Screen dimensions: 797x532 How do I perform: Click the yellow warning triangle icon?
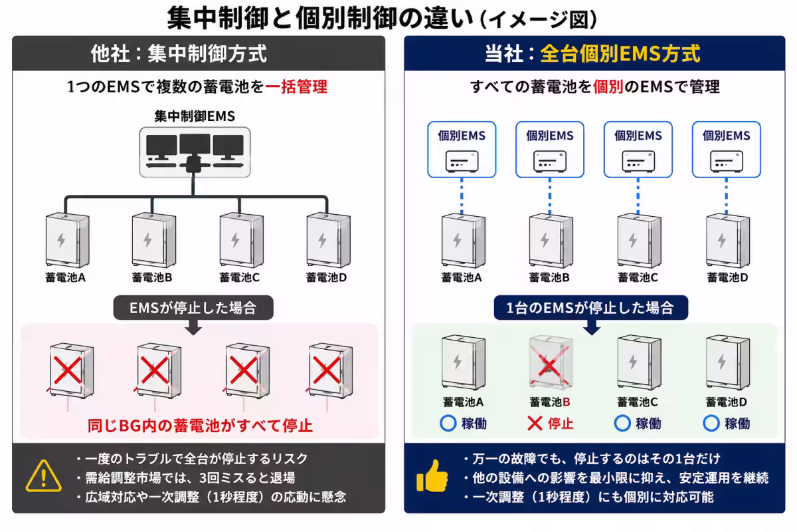point(43,476)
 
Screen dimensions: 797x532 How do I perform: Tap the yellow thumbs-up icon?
point(432,476)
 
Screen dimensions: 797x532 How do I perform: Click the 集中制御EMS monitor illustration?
point(195,152)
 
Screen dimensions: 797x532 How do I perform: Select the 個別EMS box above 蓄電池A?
point(462,150)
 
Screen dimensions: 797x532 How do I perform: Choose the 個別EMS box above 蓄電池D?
point(726,150)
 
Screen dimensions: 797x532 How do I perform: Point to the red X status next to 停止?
point(535,424)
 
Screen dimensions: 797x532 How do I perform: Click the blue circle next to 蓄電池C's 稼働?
point(622,424)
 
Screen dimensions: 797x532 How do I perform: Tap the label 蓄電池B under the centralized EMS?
point(152,277)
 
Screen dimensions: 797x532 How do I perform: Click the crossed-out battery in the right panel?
point(551,362)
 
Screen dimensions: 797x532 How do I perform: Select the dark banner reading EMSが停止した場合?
point(193,307)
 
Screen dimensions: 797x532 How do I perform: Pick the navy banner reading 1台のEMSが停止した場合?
point(590,307)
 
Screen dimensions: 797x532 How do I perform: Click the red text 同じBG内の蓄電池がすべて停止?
point(201,426)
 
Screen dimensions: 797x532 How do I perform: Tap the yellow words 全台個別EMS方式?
point(620,54)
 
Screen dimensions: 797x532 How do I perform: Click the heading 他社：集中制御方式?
point(179,54)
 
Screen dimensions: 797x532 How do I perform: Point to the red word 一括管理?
point(296,86)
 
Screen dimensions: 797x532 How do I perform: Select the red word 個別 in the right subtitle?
point(608,86)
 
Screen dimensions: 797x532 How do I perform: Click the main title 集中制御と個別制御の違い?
point(320,18)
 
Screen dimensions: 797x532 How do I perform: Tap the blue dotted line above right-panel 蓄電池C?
point(638,196)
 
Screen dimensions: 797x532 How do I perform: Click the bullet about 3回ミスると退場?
point(186,477)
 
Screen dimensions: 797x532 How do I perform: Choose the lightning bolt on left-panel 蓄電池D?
point(322,240)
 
